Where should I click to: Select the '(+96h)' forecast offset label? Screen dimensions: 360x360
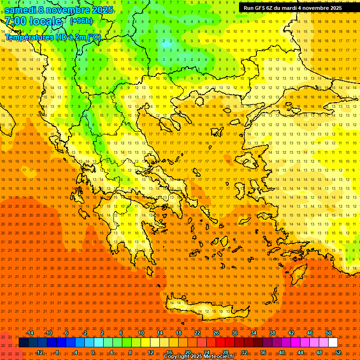coord(82,21)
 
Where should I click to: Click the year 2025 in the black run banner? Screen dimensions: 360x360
coord(333,8)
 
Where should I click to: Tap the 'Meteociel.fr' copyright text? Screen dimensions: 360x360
coord(216,357)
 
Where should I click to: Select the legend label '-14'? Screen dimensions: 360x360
coord(30,333)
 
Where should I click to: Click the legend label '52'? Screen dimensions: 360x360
coord(337,352)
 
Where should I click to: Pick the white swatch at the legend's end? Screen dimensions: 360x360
coord(333,343)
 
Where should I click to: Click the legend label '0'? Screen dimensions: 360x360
coord(93,352)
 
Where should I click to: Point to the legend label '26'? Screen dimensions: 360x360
coord(216,333)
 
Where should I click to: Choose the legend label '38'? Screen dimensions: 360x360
coord(272,333)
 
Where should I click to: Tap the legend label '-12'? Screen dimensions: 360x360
coord(39,352)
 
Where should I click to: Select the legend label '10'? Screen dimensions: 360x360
coord(141,333)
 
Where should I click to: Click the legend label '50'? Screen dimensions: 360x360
coord(329,333)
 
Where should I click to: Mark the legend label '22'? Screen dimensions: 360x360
coord(197,333)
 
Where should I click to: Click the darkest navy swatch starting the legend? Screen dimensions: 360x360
coord(23,343)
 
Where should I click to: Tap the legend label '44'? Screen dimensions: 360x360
coord(300,352)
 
